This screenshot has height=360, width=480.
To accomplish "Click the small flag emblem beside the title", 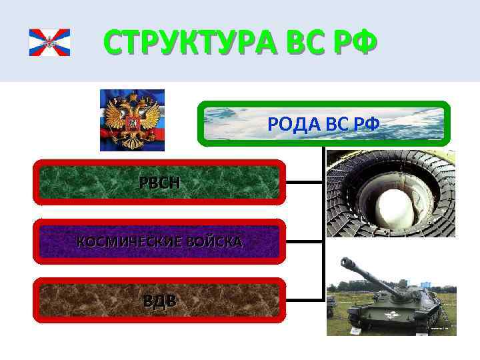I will [49, 43].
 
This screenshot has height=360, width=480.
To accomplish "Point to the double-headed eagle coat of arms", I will [132, 121].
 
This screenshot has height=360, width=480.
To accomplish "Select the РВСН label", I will [159, 182].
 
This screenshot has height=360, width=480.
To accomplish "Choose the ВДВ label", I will [160, 301].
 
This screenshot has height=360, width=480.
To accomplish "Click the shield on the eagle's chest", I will [132, 123].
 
